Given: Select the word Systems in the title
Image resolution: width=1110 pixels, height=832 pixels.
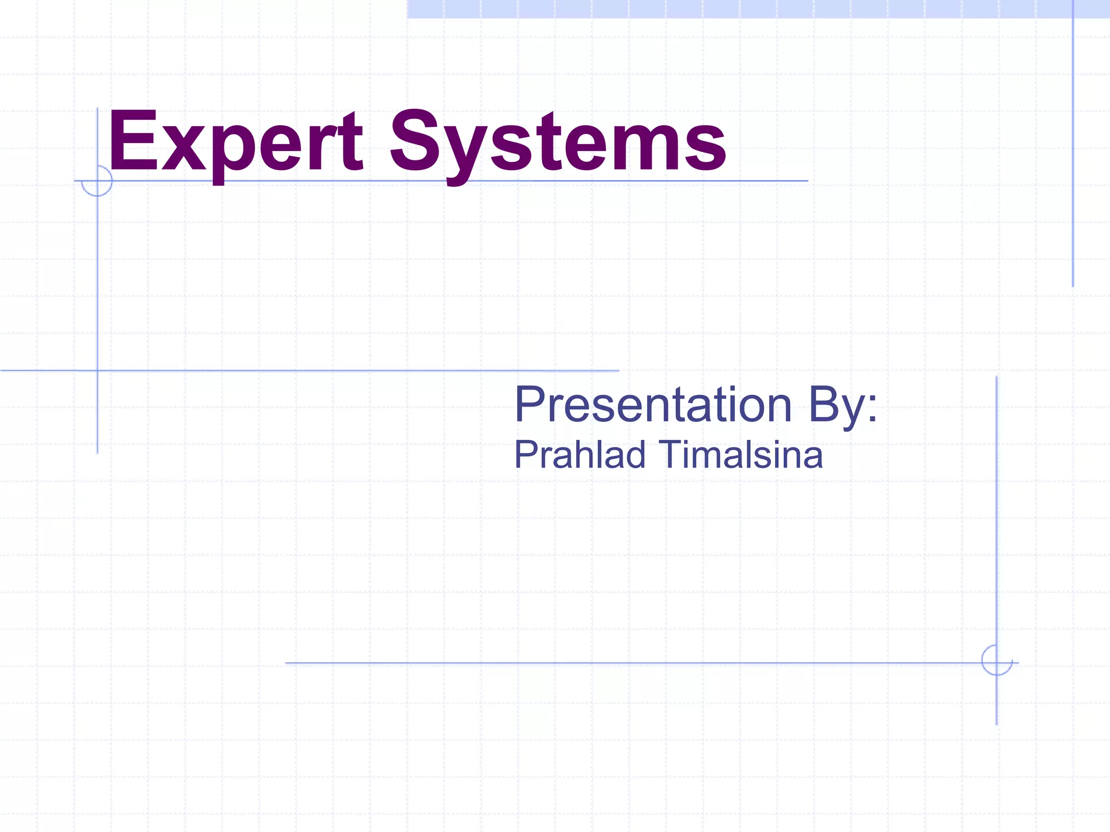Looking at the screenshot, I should tap(558, 142).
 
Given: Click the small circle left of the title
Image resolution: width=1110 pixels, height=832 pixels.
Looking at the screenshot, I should tap(97, 181).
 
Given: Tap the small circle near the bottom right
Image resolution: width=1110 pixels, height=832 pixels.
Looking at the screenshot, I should tap(996, 660).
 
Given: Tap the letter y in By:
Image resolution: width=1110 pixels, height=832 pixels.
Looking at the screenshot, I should tap(853, 412).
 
